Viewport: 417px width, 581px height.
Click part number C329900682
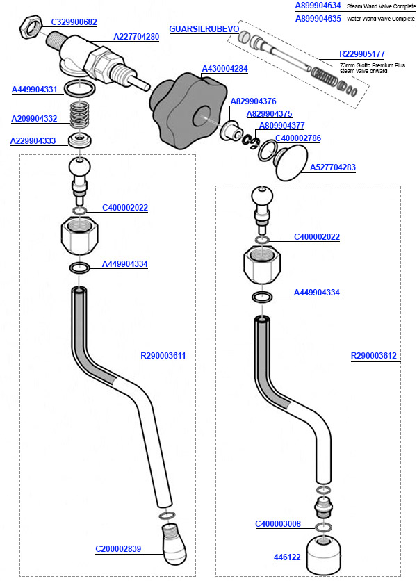pos(74,22)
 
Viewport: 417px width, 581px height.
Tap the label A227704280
pos(136,36)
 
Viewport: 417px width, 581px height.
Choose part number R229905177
pos(361,54)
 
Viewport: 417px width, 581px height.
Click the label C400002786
pos(298,138)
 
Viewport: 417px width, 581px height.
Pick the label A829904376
pos(254,101)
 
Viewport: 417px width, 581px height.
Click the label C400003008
pos(278,524)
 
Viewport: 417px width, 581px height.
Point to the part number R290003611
pos(163,357)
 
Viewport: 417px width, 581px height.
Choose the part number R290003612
pos(374,357)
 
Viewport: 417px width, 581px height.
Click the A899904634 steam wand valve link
pos(318,6)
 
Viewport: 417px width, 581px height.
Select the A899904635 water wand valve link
pos(318,19)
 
